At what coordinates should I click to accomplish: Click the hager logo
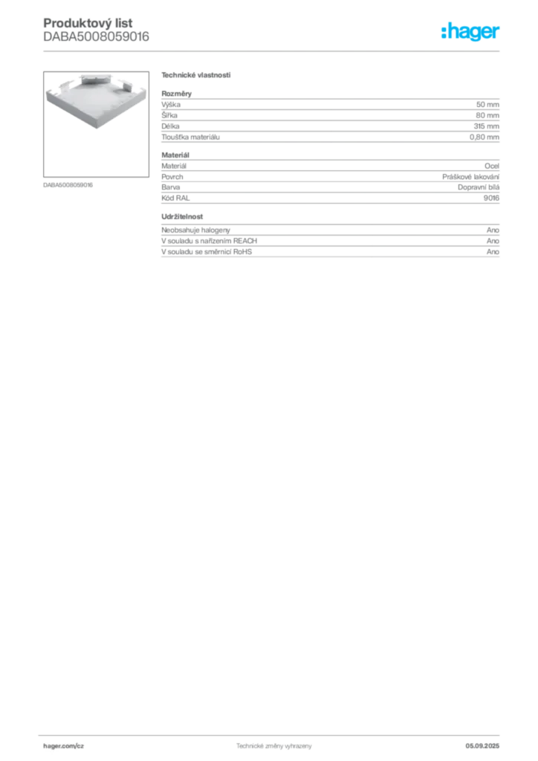[470, 31]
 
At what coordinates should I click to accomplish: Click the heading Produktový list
[88, 23]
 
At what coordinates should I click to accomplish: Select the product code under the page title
[96, 37]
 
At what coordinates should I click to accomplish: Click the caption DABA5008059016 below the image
[68, 185]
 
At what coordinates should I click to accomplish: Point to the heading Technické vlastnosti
[196, 75]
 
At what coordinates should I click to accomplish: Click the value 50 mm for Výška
[487, 104]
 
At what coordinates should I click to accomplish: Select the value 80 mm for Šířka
[487, 115]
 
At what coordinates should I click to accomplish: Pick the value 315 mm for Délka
[487, 126]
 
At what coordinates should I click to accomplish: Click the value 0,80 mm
[484, 137]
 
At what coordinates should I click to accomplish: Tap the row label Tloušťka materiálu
[191, 137]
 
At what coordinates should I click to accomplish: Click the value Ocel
[492, 166]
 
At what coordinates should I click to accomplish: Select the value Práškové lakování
[470, 177]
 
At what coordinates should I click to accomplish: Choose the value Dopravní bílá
[479, 187]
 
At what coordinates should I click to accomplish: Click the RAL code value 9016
[491, 198]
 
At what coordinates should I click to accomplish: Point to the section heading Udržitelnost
[182, 216]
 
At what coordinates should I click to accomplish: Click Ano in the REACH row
[493, 241]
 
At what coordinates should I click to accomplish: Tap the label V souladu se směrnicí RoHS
[207, 251]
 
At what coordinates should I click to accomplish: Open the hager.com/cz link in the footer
[64, 746]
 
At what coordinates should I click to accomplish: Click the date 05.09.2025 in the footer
[482, 746]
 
